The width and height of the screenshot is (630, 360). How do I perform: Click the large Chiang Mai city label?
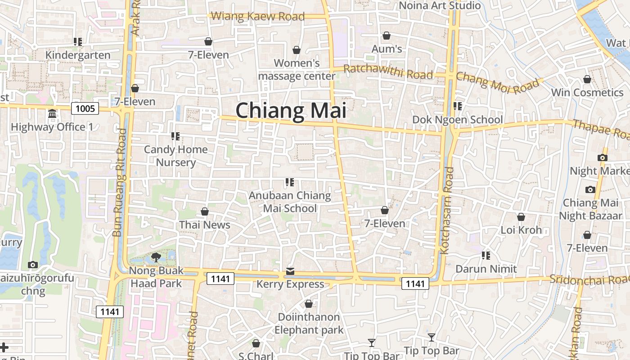291,111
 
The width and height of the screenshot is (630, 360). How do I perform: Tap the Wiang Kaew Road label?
258,17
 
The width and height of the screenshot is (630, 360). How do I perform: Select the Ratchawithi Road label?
388,72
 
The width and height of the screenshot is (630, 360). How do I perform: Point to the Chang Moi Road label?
497,82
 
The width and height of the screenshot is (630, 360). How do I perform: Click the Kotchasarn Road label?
447,210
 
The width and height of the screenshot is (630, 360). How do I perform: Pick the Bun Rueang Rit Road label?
119,182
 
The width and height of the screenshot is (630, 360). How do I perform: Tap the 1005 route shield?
85,108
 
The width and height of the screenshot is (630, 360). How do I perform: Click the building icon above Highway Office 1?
52,114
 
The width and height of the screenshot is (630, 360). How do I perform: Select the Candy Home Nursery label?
175,156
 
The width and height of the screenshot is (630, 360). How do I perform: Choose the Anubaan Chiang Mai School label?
290,202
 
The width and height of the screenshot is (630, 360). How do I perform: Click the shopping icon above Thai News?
205,211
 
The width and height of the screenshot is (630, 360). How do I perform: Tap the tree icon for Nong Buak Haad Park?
156,257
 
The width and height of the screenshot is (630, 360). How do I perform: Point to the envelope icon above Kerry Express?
290,272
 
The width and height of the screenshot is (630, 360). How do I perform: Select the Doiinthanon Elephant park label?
309,323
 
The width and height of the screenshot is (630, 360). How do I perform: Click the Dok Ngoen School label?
458,120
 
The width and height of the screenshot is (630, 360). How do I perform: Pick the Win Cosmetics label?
587,93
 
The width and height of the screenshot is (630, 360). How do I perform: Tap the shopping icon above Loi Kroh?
521,217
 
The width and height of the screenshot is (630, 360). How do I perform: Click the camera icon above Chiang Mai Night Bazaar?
590,189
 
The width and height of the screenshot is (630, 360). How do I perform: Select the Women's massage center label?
297,70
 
